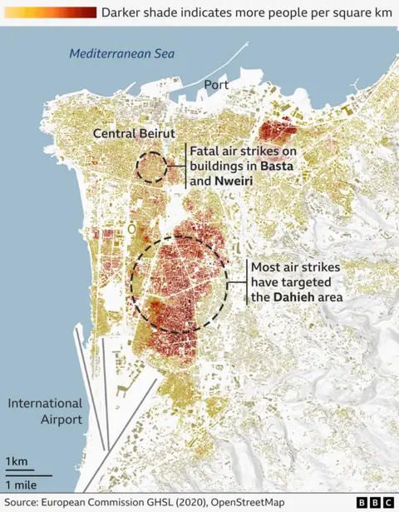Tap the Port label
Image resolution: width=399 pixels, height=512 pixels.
pos(217,85)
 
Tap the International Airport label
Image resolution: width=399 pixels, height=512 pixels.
pos(45,411)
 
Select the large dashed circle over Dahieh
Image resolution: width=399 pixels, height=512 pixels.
pos(179,283)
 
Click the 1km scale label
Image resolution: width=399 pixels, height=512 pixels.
pos(16,462)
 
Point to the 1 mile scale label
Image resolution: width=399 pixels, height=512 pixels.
pos(22,485)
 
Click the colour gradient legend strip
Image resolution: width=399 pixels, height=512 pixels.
pos(48,12)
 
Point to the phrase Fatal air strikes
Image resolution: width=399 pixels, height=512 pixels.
pos(232,152)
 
